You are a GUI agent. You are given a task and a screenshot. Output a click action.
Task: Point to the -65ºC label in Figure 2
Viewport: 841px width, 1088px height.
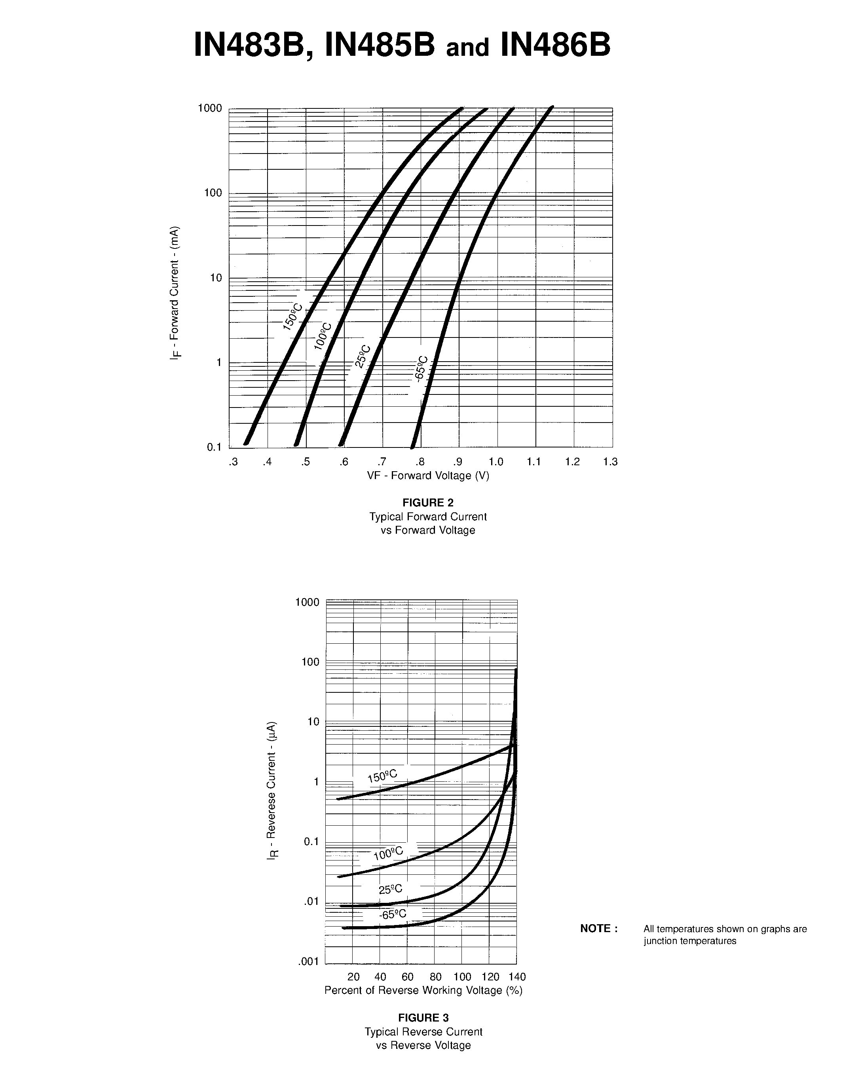tap(421, 369)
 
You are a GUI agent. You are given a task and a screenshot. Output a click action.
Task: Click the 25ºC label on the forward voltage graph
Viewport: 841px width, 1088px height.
tap(363, 356)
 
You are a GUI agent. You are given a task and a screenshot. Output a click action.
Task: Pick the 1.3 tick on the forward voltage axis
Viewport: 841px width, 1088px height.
tap(610, 462)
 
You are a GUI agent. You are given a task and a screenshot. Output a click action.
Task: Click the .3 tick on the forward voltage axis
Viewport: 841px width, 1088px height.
tap(233, 462)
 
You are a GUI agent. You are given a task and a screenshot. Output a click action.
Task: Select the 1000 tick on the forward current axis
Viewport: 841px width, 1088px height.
tap(210, 108)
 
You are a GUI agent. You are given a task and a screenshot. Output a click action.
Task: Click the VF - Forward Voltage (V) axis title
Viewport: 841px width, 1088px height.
tap(428, 476)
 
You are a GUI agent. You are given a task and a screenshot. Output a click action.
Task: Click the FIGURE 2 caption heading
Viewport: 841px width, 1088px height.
tap(428, 502)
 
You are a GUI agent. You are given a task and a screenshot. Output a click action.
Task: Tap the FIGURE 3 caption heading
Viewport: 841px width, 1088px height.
tap(423, 1017)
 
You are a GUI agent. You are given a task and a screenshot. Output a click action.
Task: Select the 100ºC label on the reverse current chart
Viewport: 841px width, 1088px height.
tap(388, 854)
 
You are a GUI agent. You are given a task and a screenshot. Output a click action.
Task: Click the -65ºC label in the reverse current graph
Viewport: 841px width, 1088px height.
tap(392, 914)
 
